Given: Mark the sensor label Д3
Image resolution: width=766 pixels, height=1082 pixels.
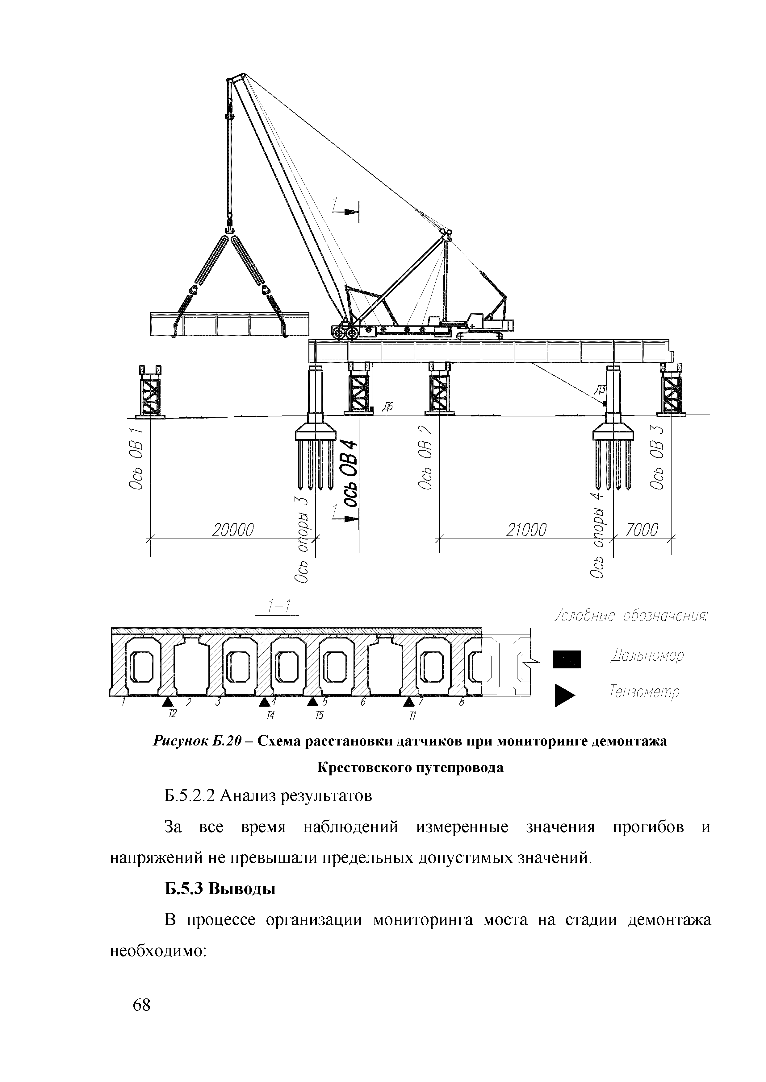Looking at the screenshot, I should point(600,390).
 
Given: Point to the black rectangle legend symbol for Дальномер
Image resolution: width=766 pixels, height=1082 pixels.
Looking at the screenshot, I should point(567,659).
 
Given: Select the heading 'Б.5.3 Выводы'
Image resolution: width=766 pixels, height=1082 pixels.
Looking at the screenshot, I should point(219,889).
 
